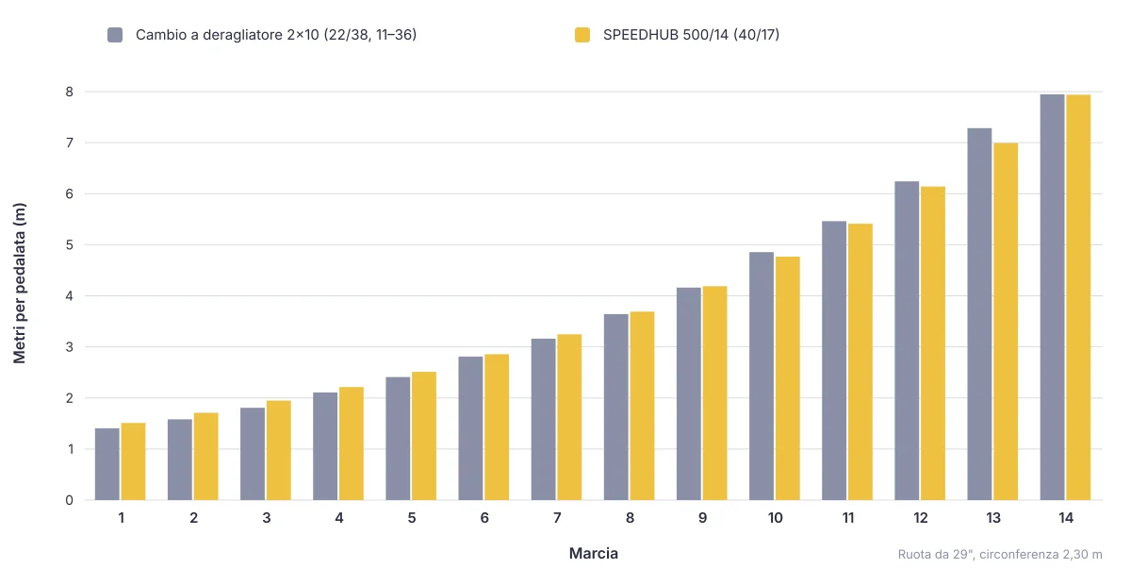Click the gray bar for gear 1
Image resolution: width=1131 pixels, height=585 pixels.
click(x=107, y=464)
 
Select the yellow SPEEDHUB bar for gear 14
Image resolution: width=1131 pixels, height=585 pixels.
click(x=1078, y=297)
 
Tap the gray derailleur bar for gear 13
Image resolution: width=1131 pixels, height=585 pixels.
click(x=979, y=314)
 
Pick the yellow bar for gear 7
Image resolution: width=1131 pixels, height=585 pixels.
click(x=569, y=417)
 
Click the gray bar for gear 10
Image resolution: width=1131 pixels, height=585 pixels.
click(x=762, y=376)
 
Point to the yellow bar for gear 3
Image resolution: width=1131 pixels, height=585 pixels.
click(x=279, y=450)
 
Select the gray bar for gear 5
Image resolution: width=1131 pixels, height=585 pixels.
click(x=398, y=439)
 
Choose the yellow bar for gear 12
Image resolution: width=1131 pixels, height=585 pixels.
click(x=933, y=343)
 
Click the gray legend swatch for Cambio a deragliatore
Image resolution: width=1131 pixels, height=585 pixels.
click(x=115, y=35)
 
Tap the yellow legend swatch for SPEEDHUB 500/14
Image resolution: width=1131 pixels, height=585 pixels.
click(x=582, y=35)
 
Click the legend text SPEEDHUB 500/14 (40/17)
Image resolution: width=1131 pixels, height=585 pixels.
click(x=691, y=35)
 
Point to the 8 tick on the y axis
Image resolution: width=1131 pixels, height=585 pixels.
click(x=69, y=92)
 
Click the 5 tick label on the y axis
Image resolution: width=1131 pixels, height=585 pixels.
click(x=69, y=245)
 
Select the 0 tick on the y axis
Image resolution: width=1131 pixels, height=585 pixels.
click(x=69, y=501)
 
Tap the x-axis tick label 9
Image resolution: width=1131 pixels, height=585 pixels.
click(x=702, y=518)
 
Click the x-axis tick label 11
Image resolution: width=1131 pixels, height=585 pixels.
click(x=847, y=518)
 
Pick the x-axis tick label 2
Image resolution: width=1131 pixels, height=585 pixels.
click(x=194, y=518)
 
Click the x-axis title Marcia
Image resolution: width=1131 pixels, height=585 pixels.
click(x=593, y=553)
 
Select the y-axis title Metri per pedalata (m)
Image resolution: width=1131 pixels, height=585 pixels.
click(x=19, y=283)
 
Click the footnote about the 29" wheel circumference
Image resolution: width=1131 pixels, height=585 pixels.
click(x=1000, y=555)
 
